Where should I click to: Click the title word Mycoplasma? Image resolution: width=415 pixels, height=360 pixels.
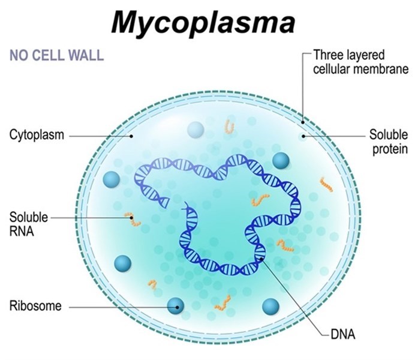point(203,22)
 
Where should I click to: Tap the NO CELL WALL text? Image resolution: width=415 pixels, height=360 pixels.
point(56,56)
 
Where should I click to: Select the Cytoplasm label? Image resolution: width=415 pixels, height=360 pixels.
point(37,135)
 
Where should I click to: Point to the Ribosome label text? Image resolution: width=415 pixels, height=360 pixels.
point(35,306)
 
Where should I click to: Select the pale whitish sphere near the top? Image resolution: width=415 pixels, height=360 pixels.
point(196,129)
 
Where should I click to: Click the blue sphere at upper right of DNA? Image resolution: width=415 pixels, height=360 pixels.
point(281,160)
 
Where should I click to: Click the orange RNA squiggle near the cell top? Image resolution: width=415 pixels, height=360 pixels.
point(229,127)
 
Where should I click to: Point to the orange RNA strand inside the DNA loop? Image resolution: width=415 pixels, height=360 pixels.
point(260,200)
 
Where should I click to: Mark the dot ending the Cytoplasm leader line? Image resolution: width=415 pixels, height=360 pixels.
point(131,136)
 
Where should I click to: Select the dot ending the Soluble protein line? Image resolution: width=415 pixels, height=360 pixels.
point(303,136)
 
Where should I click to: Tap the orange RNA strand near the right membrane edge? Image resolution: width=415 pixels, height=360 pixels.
point(326,184)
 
